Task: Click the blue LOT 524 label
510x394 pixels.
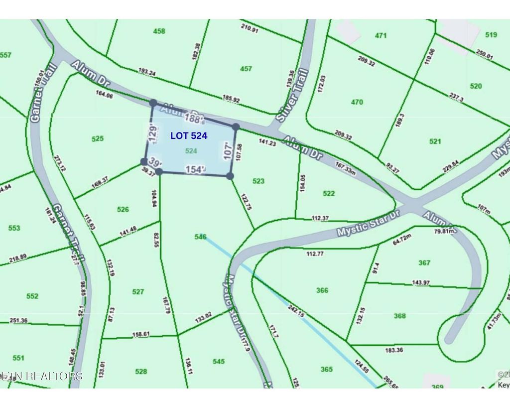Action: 189,135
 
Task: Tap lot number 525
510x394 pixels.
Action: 98,138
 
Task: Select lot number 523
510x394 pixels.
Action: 258,181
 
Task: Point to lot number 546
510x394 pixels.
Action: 200,237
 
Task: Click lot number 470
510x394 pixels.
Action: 357,102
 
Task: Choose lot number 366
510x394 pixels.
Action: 322,290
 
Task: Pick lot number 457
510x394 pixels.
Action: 246,69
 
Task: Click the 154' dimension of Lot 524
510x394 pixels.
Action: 195,170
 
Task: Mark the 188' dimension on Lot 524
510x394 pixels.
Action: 194,119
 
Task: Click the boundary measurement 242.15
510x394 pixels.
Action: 296,311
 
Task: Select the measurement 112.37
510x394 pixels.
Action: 321,218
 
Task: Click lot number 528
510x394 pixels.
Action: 141,371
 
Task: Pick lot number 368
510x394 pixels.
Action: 399,315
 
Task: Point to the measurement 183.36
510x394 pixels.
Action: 394,350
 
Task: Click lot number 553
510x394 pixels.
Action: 14,228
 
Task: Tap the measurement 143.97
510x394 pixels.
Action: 421,283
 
